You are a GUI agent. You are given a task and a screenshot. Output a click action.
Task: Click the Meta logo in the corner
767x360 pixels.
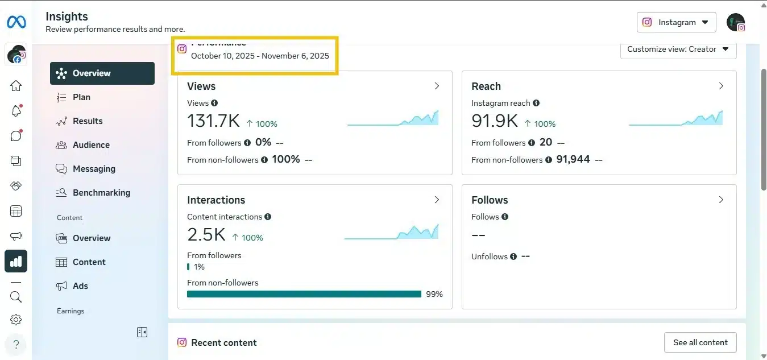point(16,22)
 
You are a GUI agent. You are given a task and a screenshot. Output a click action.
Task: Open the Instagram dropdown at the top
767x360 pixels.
point(676,22)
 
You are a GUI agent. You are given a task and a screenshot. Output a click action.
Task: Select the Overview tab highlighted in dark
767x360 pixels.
point(102,73)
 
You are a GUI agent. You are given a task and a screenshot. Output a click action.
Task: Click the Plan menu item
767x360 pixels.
point(81,97)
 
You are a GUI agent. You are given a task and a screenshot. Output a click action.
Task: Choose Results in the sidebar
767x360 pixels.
point(88,121)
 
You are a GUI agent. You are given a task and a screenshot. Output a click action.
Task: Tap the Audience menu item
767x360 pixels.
point(91,145)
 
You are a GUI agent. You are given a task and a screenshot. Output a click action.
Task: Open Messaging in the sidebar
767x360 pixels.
point(94,169)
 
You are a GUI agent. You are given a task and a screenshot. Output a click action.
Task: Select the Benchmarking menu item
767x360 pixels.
point(101,193)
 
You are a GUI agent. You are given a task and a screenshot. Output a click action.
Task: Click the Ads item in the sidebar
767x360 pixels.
point(80,286)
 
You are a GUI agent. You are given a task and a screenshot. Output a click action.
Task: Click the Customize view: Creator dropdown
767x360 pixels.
point(678,49)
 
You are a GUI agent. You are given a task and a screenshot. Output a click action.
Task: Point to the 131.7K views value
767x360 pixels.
point(213,121)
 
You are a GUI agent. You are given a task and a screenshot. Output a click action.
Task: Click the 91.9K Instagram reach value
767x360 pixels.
point(494,121)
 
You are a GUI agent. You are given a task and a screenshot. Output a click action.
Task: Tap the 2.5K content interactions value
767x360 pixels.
point(206,235)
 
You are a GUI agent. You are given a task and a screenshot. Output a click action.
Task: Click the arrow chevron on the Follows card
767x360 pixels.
point(721,200)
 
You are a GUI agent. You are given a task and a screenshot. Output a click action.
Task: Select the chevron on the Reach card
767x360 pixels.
point(721,86)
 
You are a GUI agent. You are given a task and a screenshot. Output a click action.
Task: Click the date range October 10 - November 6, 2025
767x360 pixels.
point(260,56)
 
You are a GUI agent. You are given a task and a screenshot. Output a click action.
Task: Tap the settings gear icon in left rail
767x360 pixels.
point(16,320)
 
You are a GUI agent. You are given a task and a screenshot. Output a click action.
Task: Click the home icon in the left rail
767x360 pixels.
point(16,86)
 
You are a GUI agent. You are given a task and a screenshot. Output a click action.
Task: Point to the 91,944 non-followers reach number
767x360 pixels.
point(573,160)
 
